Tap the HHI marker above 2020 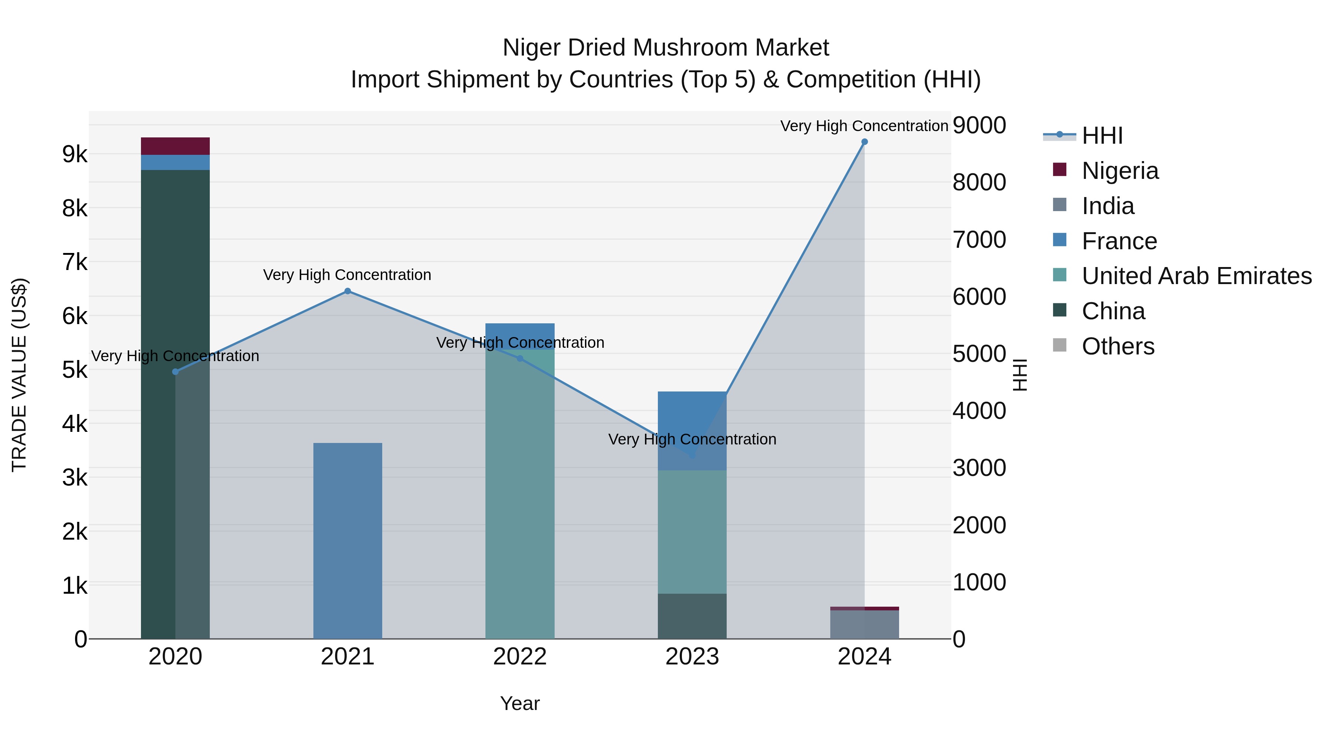tap(175, 371)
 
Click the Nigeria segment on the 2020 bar tap(175, 146)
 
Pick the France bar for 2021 tap(347, 541)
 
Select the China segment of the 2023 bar tap(692, 616)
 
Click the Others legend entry tap(1117, 346)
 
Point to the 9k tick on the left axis tap(74, 154)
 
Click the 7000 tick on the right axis tap(979, 240)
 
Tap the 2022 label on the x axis tap(520, 657)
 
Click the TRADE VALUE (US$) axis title tap(20, 375)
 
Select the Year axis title tap(520, 703)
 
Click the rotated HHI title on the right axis tap(1019, 375)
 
